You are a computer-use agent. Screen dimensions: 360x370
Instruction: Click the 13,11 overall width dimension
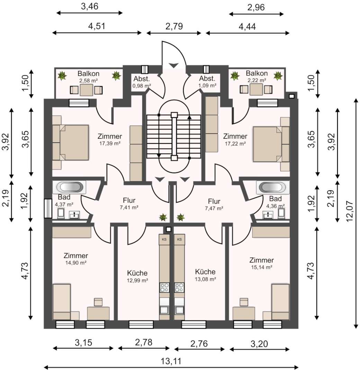point(171,361)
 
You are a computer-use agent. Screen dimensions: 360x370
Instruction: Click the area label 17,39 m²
point(110,143)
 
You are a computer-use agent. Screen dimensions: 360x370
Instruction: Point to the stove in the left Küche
point(164,287)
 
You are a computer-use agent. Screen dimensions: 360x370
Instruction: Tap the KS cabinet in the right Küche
point(179,240)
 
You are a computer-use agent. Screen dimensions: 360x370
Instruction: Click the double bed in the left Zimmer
point(71,142)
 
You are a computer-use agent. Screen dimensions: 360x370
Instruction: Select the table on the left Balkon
point(87,90)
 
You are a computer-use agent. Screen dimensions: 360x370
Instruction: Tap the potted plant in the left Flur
point(163,217)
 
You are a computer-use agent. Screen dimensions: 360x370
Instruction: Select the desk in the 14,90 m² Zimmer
point(98,313)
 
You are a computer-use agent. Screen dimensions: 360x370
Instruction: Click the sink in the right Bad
point(268,215)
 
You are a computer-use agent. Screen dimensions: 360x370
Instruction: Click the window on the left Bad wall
point(48,209)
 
